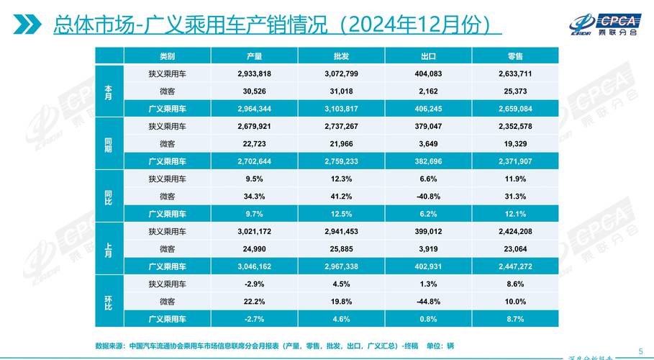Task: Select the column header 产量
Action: click(254, 56)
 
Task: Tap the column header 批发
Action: click(342, 56)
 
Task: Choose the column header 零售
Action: click(514, 56)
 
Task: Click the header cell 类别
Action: click(167, 56)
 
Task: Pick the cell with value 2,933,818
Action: click(254, 73)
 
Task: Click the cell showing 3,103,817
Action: click(342, 109)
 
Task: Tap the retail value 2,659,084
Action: click(514, 109)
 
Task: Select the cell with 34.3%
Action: click(254, 197)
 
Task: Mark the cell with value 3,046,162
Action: click(254, 266)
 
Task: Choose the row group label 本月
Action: click(109, 91)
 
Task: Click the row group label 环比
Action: click(109, 301)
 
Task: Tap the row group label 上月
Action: click(109, 249)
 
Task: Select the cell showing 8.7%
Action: click(514, 319)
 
